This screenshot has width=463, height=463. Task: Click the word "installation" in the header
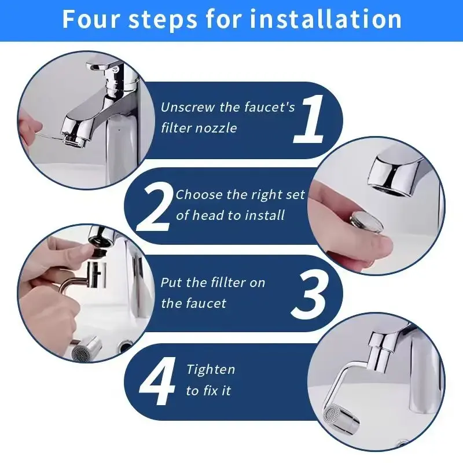[x=325, y=19]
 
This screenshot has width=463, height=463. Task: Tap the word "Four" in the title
[x=91, y=19]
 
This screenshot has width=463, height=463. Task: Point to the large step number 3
[x=309, y=296]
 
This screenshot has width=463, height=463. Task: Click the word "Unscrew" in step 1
[x=188, y=107]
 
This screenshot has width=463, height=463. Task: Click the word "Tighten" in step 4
[x=211, y=370]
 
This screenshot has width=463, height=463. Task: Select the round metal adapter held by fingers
[x=366, y=223]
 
